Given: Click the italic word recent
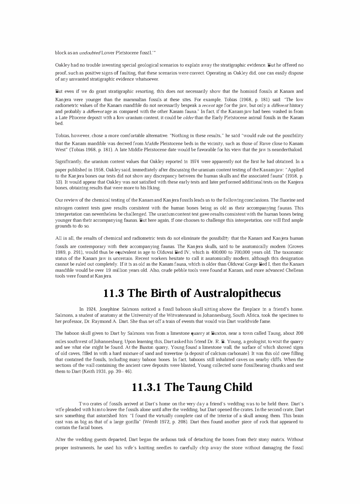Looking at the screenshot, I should tap(208, 105).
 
